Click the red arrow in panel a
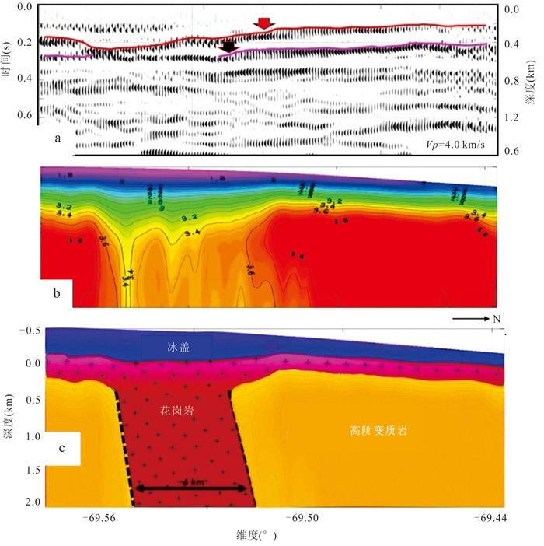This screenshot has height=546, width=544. (x=265, y=23)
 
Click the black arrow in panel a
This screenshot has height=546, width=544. (x=227, y=47)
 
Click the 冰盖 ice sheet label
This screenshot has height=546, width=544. (x=180, y=348)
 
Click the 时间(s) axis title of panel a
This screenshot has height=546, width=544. (x=7, y=62)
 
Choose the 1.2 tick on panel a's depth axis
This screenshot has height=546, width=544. (x=512, y=116)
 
